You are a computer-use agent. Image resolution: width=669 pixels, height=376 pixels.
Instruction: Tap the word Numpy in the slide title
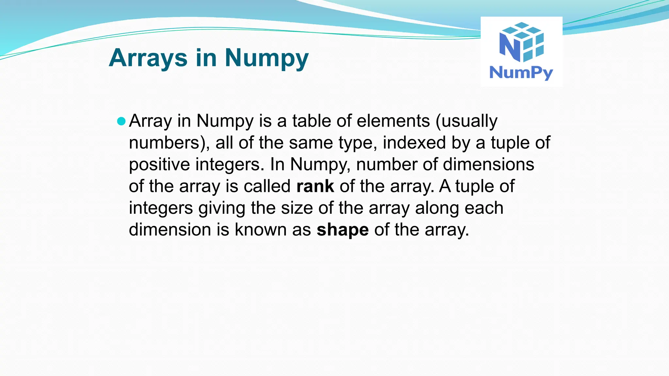(267, 58)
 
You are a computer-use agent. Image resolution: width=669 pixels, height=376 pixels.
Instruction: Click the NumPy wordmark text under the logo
(521, 72)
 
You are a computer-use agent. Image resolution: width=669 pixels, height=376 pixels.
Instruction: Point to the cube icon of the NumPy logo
(522, 42)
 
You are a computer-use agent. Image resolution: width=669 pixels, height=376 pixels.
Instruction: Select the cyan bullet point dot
(121, 121)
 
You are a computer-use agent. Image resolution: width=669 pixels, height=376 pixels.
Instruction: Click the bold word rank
(315, 186)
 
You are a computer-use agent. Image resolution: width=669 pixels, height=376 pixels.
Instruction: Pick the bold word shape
(343, 230)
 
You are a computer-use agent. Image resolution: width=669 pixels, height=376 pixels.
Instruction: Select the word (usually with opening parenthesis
(466, 121)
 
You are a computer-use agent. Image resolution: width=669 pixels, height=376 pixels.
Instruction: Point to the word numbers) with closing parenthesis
(169, 143)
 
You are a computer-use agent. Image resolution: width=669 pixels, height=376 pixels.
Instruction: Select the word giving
(222, 208)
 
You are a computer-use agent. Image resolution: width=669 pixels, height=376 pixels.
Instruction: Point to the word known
(261, 230)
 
